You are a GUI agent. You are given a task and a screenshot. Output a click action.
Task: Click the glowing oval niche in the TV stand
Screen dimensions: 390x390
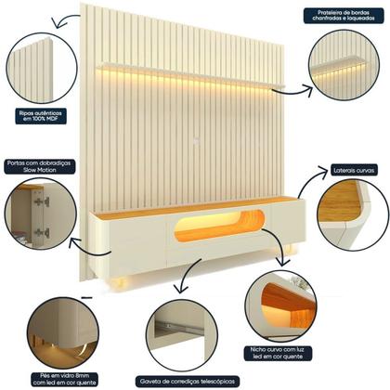pyautogui.click(x=220, y=226)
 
